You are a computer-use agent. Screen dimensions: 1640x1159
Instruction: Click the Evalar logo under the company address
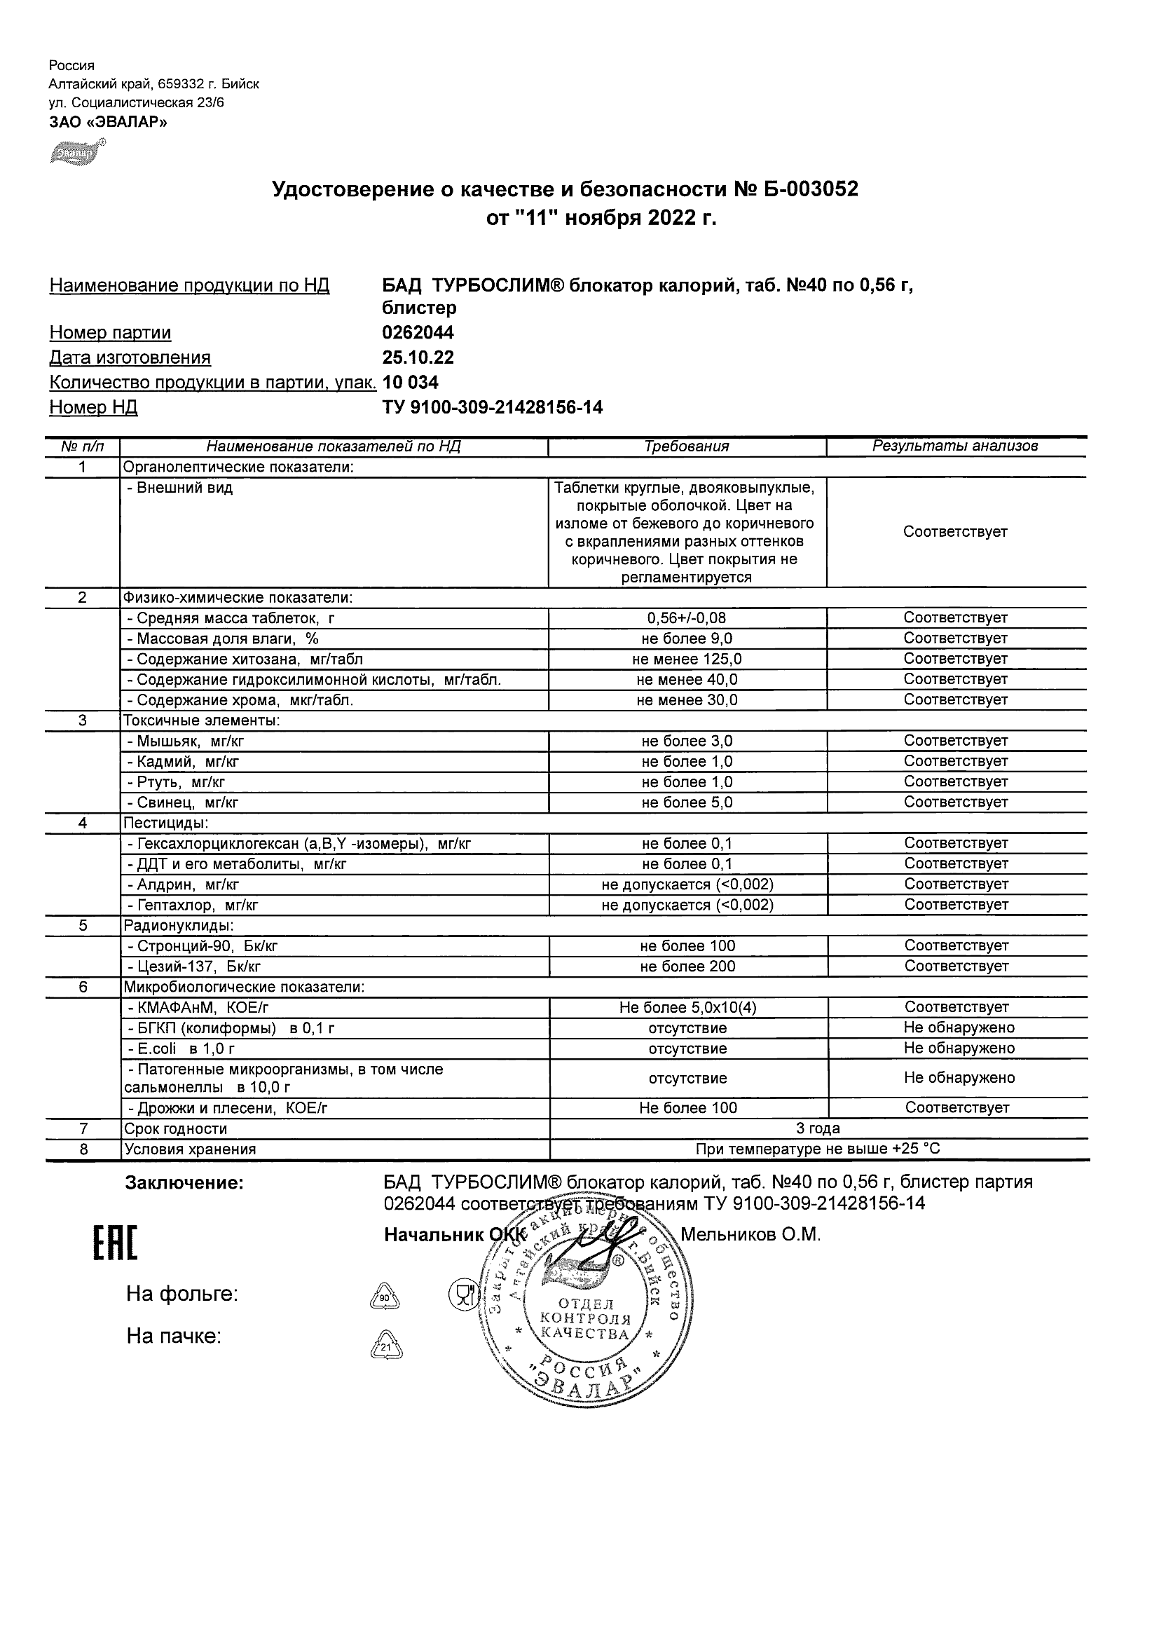76,152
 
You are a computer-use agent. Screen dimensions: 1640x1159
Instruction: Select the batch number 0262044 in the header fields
418,333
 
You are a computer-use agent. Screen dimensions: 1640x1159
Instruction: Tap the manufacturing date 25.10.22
418,358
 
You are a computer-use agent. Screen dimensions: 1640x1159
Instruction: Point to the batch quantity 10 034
411,383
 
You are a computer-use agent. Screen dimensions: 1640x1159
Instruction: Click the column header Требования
686,446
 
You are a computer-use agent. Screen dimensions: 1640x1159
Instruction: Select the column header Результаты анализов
955,446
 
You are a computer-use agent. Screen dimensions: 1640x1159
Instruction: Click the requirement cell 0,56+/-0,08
686,618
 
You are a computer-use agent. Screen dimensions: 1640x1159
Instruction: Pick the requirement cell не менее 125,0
686,660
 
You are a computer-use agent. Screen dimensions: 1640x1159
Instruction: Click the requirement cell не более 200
687,966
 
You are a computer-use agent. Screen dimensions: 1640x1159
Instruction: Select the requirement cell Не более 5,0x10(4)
687,1008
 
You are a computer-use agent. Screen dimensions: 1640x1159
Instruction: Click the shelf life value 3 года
818,1128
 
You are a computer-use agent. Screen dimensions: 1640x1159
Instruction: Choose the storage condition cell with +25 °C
818,1149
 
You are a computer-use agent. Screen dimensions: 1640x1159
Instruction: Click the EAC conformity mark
115,1243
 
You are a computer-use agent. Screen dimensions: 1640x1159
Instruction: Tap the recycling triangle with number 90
385,1297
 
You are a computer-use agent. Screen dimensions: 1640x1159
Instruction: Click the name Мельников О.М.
750,1235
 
